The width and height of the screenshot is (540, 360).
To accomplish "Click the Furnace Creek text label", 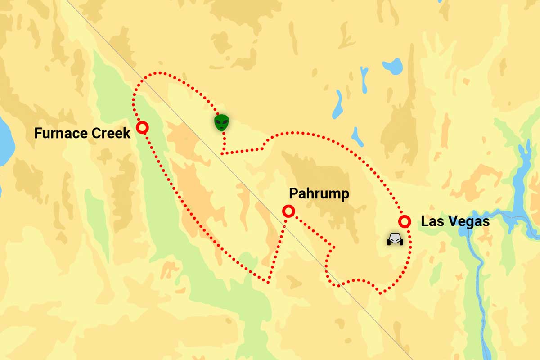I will click(x=82, y=133).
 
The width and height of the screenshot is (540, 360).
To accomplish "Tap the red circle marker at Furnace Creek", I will click(x=142, y=128).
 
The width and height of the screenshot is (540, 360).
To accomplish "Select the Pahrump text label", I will click(x=319, y=194).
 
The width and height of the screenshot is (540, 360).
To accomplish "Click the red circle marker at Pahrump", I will click(x=288, y=211).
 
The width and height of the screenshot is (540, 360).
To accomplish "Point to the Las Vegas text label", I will click(x=454, y=222).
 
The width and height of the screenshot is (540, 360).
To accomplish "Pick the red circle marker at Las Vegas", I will click(x=405, y=221).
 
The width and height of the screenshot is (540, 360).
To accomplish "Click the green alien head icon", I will click(x=221, y=122).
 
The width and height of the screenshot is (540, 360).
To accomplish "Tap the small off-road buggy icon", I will click(x=395, y=239).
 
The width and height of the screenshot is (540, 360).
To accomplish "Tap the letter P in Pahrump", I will click(x=293, y=194).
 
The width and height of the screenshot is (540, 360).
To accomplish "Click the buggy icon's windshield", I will click(x=395, y=237).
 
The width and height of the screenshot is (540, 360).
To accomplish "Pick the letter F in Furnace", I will click(x=38, y=133).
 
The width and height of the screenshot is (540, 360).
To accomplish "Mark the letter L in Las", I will click(x=424, y=222).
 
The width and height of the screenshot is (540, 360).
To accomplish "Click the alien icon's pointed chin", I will click(x=221, y=130).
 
